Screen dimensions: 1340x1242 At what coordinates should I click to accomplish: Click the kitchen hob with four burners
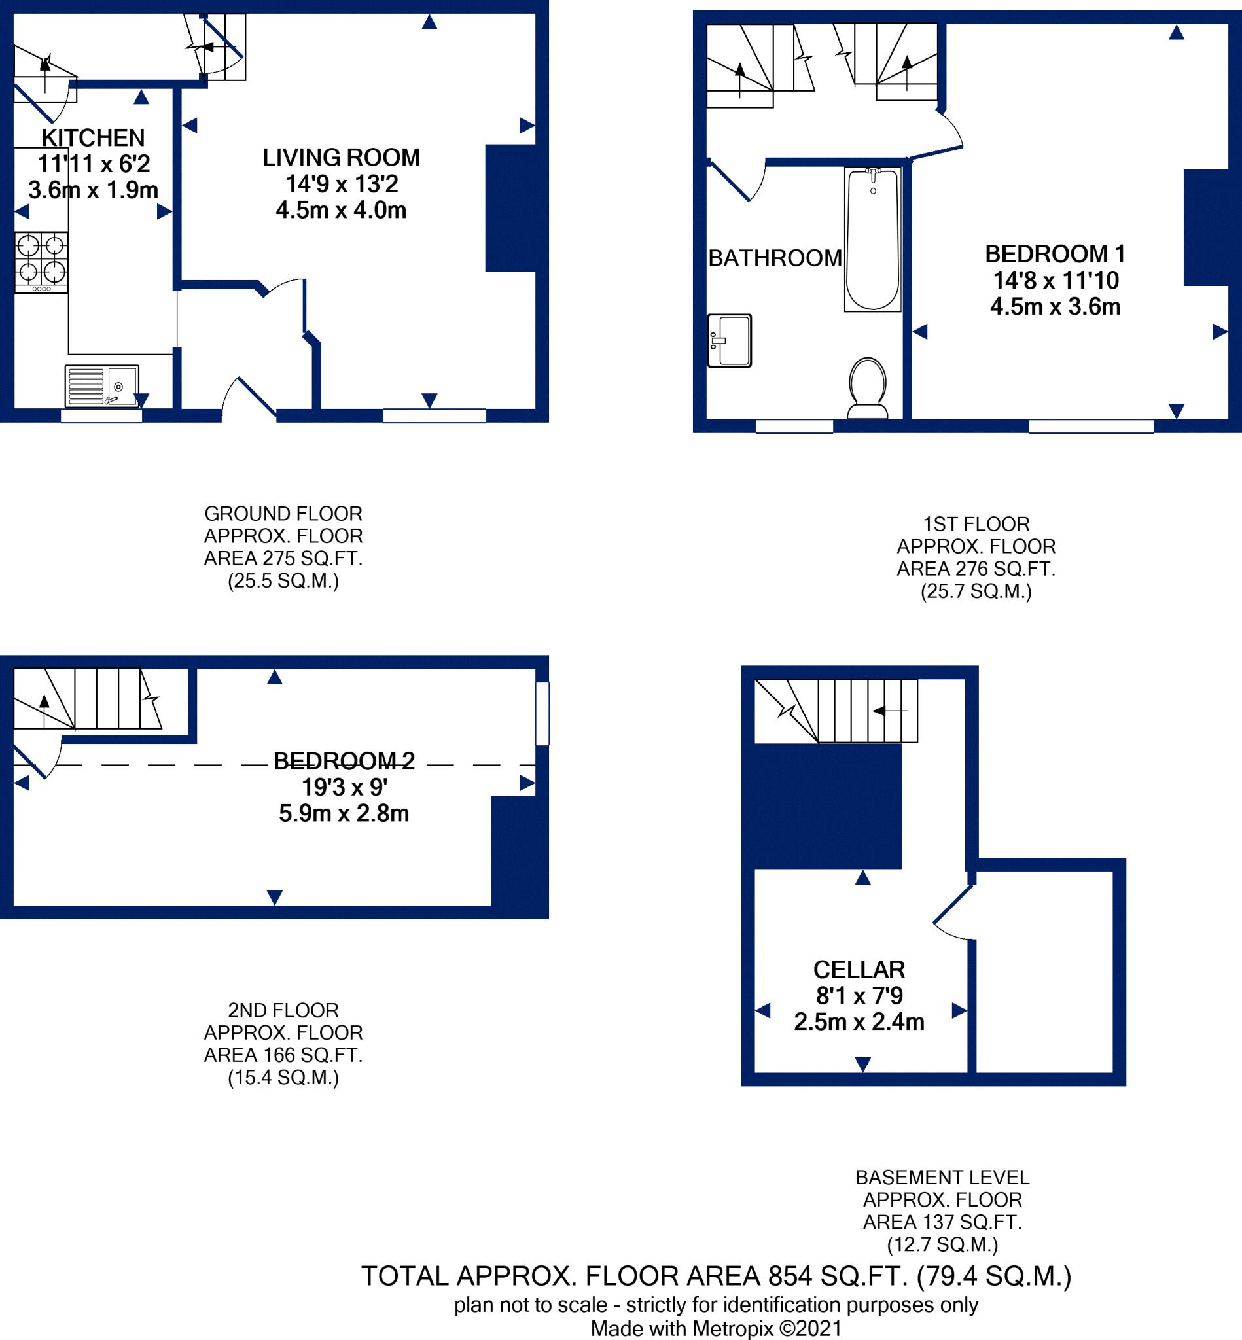point(41,262)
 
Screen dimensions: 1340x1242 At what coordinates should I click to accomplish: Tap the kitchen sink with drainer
point(101,386)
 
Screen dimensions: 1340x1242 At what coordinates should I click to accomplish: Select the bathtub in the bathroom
point(872,240)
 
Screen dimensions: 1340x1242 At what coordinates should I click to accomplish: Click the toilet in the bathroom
point(867,388)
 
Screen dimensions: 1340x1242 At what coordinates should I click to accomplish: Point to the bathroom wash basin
point(729,341)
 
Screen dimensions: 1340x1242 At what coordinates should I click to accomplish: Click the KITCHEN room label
point(93,138)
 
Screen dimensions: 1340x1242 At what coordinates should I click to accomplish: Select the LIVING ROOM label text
point(341,157)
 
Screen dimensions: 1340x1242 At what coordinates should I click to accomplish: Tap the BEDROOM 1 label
point(1054,254)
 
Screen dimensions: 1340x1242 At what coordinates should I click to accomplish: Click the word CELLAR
point(859,970)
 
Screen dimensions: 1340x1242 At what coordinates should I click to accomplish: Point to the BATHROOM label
point(775,258)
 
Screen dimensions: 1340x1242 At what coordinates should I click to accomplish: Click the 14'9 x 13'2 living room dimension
point(342,183)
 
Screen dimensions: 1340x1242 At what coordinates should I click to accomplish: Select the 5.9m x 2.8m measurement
point(344,814)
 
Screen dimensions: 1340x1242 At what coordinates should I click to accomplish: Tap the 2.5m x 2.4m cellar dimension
point(859,1022)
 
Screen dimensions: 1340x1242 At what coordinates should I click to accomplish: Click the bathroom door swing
point(739,180)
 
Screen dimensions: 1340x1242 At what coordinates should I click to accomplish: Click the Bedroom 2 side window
point(542,714)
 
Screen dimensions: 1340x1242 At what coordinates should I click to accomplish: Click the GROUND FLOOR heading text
point(283,514)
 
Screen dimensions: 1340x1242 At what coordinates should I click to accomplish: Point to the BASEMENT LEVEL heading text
point(942,1177)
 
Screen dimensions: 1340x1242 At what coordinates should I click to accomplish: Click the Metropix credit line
point(716,1329)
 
